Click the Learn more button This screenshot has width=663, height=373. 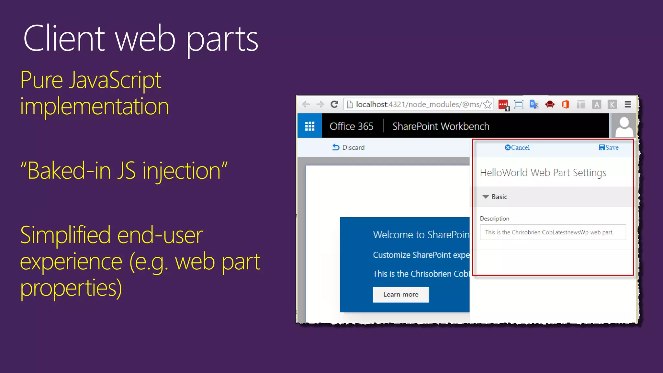(x=400, y=294)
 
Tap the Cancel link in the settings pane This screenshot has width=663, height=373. (x=517, y=148)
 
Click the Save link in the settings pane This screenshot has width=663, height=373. (x=609, y=148)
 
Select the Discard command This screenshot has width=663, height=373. (x=348, y=148)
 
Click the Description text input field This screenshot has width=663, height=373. (x=553, y=232)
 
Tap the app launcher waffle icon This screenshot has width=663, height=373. (x=309, y=126)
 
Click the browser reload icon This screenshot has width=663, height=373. (x=334, y=104)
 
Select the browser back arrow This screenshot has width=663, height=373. (x=306, y=104)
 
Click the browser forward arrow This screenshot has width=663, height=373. (x=320, y=104)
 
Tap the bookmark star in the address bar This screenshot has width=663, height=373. (x=487, y=104)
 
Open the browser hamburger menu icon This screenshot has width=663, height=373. (x=628, y=104)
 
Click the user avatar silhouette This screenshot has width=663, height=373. (x=624, y=126)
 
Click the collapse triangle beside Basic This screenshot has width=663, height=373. (x=486, y=197)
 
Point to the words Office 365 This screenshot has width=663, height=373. (x=351, y=126)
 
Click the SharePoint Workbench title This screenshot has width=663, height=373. (x=441, y=126)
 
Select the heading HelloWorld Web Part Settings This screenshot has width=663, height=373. (x=543, y=173)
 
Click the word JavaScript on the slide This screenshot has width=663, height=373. (x=115, y=80)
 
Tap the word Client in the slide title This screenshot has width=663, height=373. (x=64, y=39)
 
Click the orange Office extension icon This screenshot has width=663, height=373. (x=565, y=104)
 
